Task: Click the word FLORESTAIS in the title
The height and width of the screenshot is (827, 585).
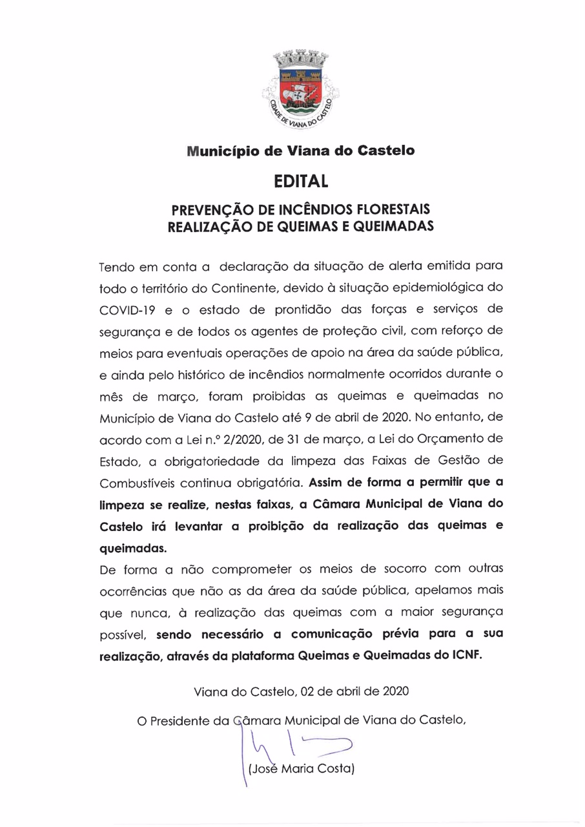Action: (394, 211)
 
